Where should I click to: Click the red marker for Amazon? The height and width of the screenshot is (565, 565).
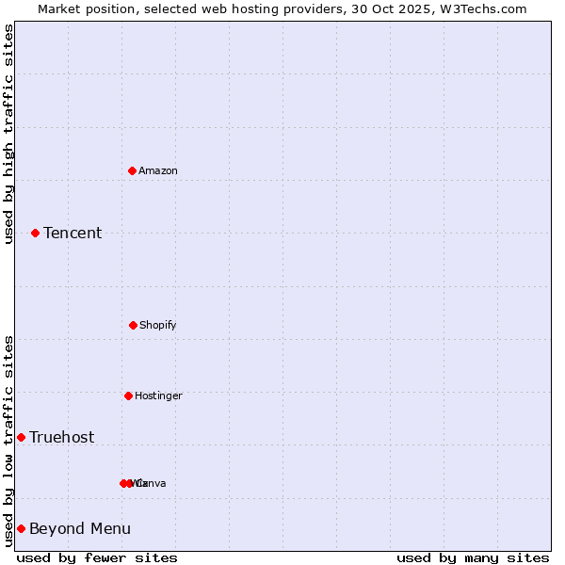coord(132,170)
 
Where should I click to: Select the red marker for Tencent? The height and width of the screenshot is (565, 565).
coord(35,233)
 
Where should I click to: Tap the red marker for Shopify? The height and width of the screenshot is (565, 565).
coord(133,325)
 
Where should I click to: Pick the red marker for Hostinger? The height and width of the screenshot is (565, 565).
coord(128,395)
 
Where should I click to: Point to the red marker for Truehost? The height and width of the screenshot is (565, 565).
coord(21,437)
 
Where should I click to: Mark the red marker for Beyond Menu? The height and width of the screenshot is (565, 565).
coord(21,528)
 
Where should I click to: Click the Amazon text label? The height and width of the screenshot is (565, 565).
coord(158,170)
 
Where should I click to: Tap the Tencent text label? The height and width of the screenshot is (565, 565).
coord(73,233)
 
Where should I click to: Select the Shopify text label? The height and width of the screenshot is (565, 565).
coord(158,325)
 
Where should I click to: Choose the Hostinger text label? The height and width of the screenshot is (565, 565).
coord(158,395)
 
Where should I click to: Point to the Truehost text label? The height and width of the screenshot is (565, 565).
coord(61,437)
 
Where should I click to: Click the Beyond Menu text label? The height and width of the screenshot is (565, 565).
coord(80,528)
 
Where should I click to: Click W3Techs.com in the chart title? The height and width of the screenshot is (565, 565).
coord(481,8)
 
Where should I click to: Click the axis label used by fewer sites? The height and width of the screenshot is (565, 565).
coord(97,557)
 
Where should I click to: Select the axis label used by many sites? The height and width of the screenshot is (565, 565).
coord(473,557)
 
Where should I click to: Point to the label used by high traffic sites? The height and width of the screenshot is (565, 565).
coord(8,134)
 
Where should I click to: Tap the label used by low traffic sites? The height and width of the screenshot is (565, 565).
coord(8,441)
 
